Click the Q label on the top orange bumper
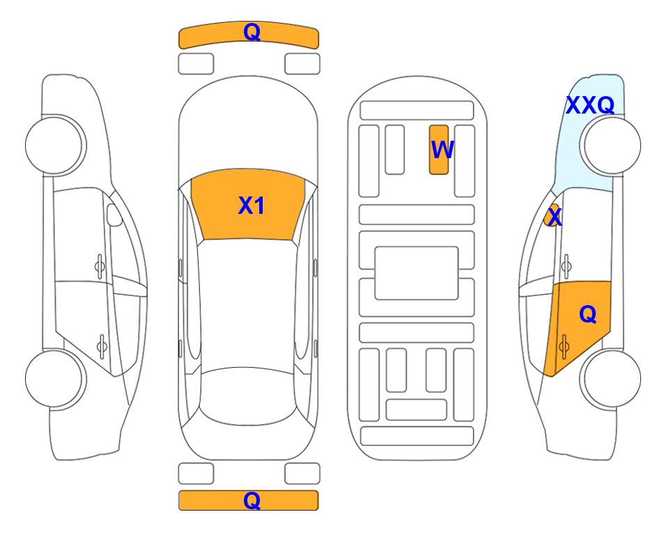pyautogui.click(x=252, y=32)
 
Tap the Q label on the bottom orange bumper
pyautogui.click(x=252, y=500)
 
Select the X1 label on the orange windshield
pyautogui.click(x=252, y=206)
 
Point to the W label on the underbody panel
pyautogui.click(x=442, y=149)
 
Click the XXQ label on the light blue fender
pyautogui.click(x=590, y=105)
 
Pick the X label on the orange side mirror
pyautogui.click(x=555, y=216)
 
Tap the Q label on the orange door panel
pyautogui.click(x=587, y=314)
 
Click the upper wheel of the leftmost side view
pyautogui.click(x=56, y=146)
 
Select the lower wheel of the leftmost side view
pyautogui.click(x=56, y=378)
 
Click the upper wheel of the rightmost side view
pyautogui.click(x=610, y=146)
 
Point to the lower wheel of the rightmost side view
pyautogui.click(x=610, y=378)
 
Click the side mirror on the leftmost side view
pyautogui.click(x=114, y=215)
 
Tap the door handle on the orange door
pyautogui.click(x=564, y=346)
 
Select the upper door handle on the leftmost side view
pyautogui.click(x=100, y=266)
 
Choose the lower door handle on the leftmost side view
pyautogui.click(x=102, y=346)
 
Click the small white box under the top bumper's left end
pyautogui.click(x=196, y=64)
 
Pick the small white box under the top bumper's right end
pyautogui.click(x=302, y=64)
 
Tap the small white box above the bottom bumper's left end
pyautogui.click(x=196, y=474)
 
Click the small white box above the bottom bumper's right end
pyautogui.click(x=302, y=474)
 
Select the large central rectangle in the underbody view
pyautogui.click(x=417, y=273)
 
